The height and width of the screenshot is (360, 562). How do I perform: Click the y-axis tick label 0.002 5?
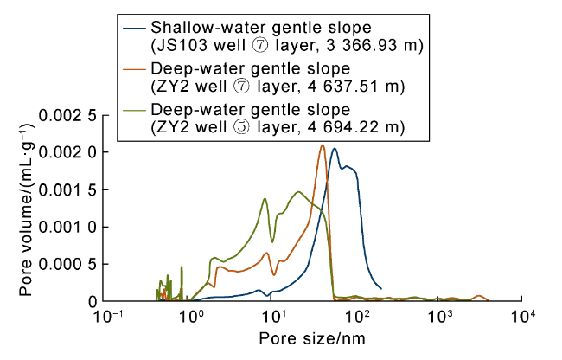pyautogui.click(x=67, y=116)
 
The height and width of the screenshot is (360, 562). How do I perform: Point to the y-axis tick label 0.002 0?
pyautogui.click(x=67, y=153)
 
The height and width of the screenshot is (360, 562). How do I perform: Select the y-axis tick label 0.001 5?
pyautogui.click(x=67, y=190)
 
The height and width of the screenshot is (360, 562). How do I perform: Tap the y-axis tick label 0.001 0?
pyautogui.click(x=67, y=228)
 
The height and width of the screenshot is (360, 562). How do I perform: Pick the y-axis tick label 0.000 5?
pyautogui.click(x=67, y=264)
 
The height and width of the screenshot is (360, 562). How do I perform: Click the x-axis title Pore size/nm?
pyautogui.click(x=312, y=339)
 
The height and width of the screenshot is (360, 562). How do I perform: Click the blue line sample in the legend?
pyautogui.click(x=134, y=28)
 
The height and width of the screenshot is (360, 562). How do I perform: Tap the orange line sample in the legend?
pyautogui.click(x=134, y=69)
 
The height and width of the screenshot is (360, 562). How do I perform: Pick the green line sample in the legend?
pyautogui.click(x=134, y=110)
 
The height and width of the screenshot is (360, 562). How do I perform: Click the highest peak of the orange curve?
pyautogui.click(x=323, y=145)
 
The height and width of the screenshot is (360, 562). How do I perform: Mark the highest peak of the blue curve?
pyautogui.click(x=335, y=149)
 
